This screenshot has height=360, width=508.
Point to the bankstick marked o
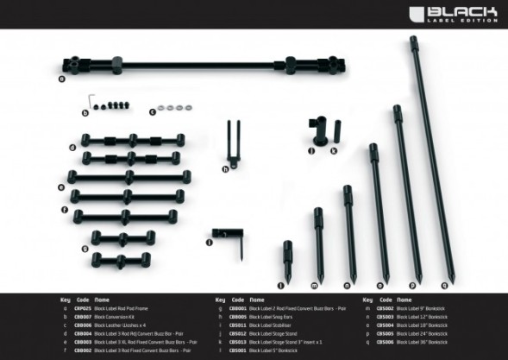click(x=375, y=212)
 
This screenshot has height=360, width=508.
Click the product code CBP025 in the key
click(x=83, y=308)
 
